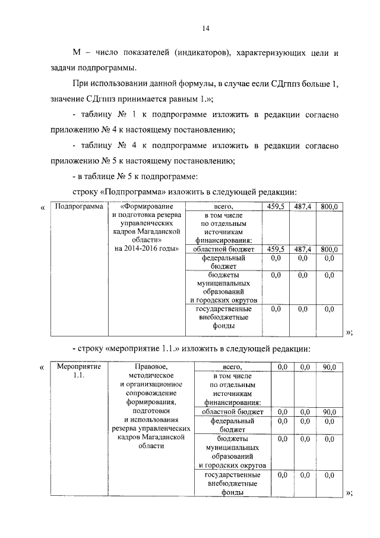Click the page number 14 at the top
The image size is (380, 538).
pyautogui.click(x=205, y=28)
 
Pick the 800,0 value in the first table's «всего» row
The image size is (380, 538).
pyautogui.click(x=329, y=206)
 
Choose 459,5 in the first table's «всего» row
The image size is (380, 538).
pyautogui.click(x=275, y=206)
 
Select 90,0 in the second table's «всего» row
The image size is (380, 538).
pyautogui.click(x=329, y=367)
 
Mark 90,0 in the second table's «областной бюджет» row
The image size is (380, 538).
pyautogui.click(x=329, y=411)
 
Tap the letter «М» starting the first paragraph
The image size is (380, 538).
pyautogui.click(x=75, y=53)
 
